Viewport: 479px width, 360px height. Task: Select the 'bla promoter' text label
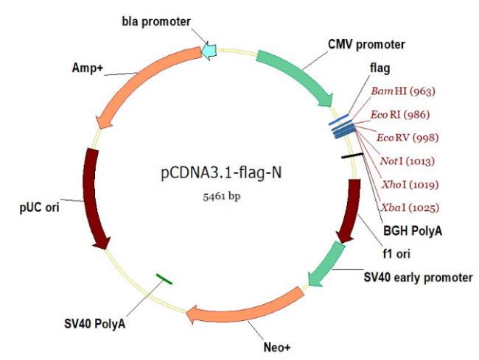click(x=156, y=21)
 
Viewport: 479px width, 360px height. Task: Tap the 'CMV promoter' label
click(x=366, y=45)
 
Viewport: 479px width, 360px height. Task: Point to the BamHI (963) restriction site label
click(x=403, y=91)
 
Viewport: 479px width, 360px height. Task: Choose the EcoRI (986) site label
click(x=400, y=115)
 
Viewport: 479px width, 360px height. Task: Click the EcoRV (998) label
click(x=408, y=138)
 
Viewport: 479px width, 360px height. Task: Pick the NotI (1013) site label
click(x=408, y=160)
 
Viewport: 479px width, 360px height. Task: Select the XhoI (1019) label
click(x=410, y=184)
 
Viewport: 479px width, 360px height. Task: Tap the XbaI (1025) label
click(x=410, y=208)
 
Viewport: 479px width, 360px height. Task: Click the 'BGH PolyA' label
click(x=413, y=231)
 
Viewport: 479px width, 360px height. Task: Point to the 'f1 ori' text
click(x=396, y=254)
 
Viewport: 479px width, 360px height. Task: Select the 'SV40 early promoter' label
click(x=419, y=278)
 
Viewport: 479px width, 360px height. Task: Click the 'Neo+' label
click(x=277, y=347)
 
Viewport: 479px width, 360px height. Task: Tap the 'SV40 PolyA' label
click(x=95, y=324)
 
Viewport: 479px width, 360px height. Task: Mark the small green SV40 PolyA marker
click(x=164, y=279)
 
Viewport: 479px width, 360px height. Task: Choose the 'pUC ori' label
click(x=39, y=208)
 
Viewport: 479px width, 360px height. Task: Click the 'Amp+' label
click(x=88, y=68)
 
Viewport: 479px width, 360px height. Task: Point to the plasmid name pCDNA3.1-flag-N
click(x=222, y=173)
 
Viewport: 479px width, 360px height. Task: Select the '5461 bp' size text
click(x=222, y=197)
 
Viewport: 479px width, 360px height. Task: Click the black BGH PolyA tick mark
click(x=352, y=156)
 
